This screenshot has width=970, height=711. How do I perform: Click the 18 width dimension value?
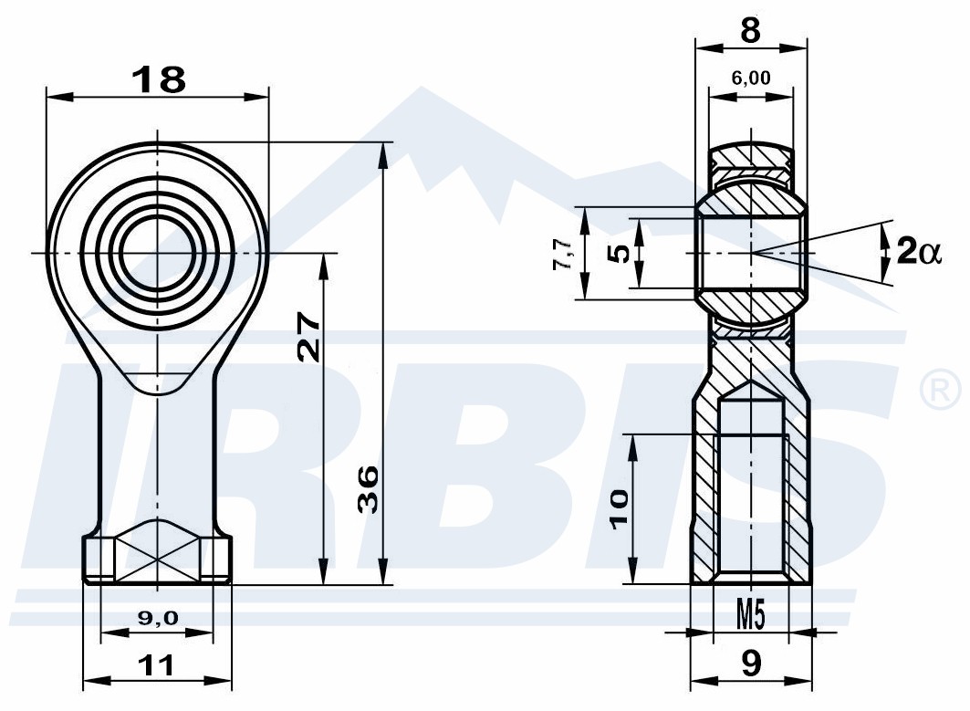tap(159, 79)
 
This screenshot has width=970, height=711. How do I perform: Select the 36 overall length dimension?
tap(369, 489)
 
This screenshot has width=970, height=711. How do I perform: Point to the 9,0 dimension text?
tap(157, 617)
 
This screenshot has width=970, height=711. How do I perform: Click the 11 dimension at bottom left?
tap(156, 666)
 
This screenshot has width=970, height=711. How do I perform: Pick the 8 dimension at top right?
tap(750, 30)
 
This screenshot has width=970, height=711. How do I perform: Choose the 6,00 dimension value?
tap(750, 78)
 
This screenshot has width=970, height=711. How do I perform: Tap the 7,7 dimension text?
tap(563, 255)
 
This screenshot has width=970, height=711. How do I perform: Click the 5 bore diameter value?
tap(620, 253)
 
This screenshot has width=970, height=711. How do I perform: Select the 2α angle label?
tap(919, 252)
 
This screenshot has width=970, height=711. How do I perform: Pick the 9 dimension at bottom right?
tap(750, 664)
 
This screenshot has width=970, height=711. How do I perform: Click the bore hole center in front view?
tap(158, 253)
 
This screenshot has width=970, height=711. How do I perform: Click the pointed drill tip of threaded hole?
tap(750, 382)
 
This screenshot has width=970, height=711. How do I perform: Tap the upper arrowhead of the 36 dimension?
tap(385, 154)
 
